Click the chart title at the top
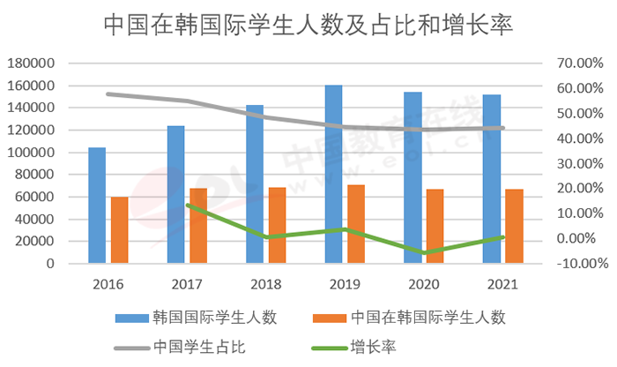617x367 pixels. (x=308, y=24)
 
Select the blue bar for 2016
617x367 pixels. (x=97, y=205)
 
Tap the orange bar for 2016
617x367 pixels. (x=119, y=229)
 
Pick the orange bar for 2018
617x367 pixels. (x=277, y=225)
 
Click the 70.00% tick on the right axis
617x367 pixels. (x=578, y=64)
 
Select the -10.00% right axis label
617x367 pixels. (x=578, y=263)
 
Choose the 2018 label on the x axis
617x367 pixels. (x=266, y=284)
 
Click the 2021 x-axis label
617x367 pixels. (x=502, y=284)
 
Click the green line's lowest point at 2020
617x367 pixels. (x=424, y=253)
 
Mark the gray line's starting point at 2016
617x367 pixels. (x=108, y=94)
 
